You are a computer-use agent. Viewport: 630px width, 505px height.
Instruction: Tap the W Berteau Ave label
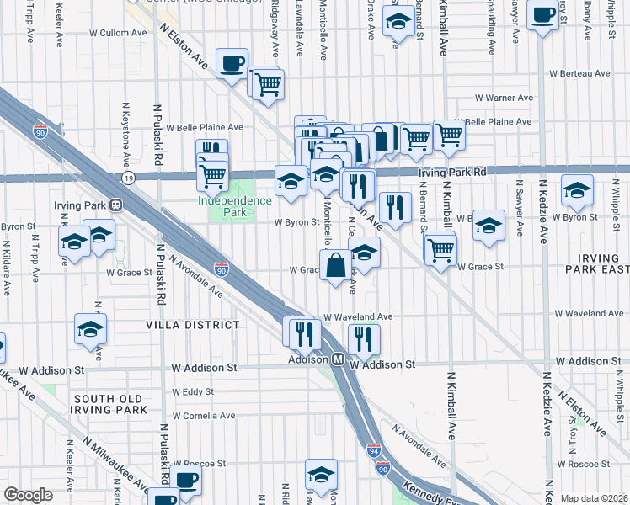point(579,73)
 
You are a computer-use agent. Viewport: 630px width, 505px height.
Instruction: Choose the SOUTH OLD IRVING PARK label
point(109,404)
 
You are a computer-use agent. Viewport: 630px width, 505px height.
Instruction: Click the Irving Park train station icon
point(115,204)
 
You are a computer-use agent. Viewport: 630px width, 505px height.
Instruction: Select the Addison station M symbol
point(337,359)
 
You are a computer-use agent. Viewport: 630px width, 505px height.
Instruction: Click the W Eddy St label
point(193,391)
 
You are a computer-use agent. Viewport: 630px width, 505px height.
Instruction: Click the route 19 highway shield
point(128,178)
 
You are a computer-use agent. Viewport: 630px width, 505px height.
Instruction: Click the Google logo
point(29,495)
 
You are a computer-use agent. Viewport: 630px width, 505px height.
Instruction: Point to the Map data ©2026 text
point(595,498)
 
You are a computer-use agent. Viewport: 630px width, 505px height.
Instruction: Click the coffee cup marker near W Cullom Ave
point(232,63)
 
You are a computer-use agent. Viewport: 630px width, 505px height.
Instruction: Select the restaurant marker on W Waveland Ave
point(364,338)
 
